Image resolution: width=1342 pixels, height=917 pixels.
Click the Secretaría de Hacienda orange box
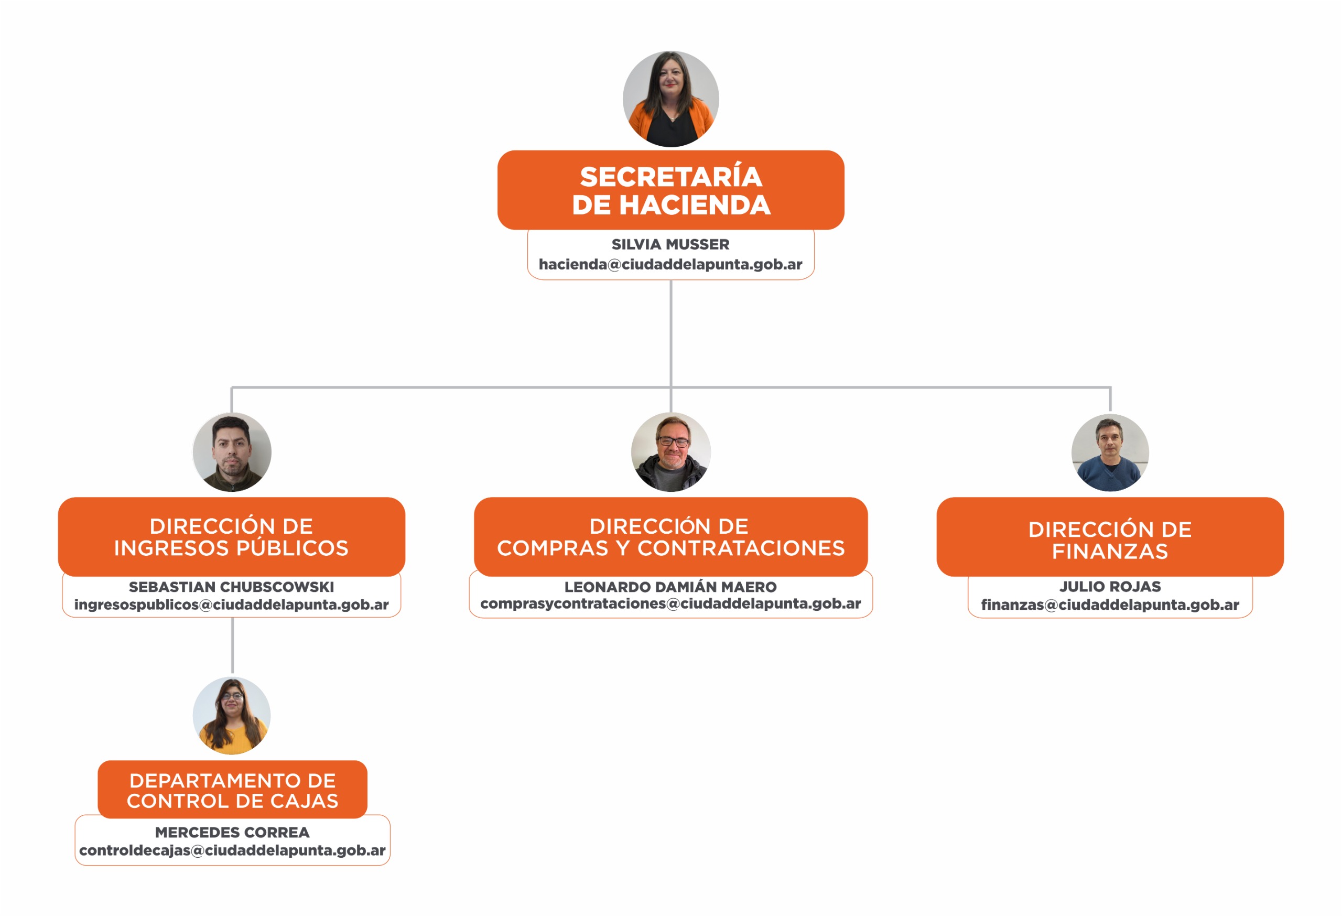[x=670, y=190]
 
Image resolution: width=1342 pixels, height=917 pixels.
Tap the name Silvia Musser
[x=670, y=244]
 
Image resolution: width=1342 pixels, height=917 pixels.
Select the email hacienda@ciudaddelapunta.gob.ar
[x=670, y=264]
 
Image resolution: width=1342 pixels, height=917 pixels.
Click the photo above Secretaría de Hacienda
[x=670, y=99]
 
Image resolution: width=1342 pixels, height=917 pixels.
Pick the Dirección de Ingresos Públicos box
[x=232, y=536]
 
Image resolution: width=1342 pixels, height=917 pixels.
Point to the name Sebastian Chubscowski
[x=232, y=587]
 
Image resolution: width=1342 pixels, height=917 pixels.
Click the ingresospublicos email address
[x=232, y=605]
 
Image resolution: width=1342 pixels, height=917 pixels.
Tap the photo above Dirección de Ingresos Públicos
[x=232, y=451]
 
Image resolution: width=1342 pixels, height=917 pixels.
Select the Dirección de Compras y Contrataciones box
[x=670, y=536]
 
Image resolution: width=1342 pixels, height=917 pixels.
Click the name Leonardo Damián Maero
[x=670, y=587]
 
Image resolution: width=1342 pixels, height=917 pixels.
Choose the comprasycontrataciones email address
[x=670, y=604]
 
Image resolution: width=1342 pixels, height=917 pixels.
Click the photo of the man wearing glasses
[x=670, y=451]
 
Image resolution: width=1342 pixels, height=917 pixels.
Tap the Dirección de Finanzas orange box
[x=1110, y=536]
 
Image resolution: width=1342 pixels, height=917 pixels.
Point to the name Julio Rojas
[x=1110, y=587]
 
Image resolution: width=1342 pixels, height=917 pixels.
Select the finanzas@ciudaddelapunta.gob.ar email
[x=1110, y=605]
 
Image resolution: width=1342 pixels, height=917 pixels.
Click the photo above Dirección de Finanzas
[x=1110, y=452]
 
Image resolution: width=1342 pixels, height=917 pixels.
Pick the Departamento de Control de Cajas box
[x=232, y=790]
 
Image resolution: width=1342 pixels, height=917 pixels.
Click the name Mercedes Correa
[x=232, y=832]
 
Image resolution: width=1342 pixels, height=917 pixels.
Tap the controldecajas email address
[x=232, y=850]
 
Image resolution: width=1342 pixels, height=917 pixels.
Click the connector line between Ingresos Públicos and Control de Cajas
[x=232, y=645]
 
